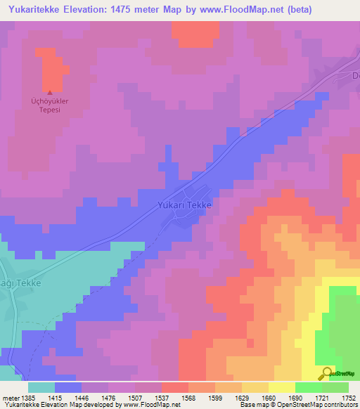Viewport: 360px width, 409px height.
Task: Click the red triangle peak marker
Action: pyautogui.click(x=49, y=92)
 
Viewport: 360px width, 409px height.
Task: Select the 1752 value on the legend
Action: pyautogui.click(x=349, y=397)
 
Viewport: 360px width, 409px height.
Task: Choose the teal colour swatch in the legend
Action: pyautogui.click(x=41, y=387)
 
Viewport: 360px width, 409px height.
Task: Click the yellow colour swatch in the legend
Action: pyautogui.click(x=282, y=387)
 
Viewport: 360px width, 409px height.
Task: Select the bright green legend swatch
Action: pyautogui.click(x=309, y=387)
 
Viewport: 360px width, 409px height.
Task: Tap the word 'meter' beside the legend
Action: pyautogui.click(x=9, y=397)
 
